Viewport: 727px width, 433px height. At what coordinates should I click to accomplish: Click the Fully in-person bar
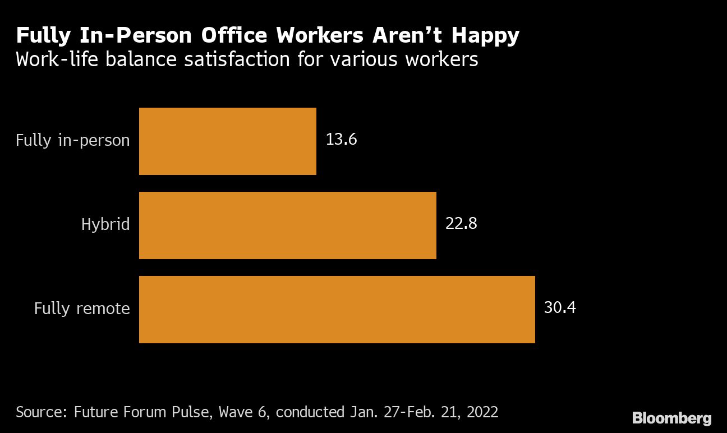tap(227, 141)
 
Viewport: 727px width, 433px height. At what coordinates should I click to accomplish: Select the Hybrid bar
tap(287, 225)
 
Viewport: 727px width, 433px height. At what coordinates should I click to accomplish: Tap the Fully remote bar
tap(337, 310)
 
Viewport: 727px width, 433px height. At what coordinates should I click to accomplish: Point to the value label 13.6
tap(341, 139)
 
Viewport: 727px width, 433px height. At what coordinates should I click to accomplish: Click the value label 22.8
tap(461, 223)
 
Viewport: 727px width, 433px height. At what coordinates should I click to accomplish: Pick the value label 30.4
tap(559, 307)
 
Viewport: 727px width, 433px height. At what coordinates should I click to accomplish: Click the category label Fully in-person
tap(72, 140)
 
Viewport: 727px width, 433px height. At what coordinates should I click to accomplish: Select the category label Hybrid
tap(105, 224)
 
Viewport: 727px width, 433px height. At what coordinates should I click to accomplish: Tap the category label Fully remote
tap(82, 308)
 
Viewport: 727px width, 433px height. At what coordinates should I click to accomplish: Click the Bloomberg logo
tap(671, 418)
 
